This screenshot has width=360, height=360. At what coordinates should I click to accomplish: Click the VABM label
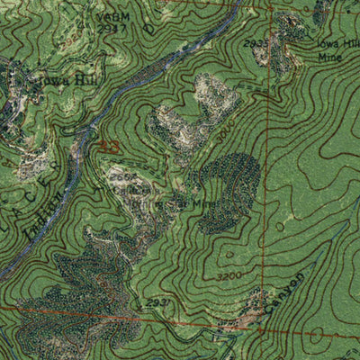[x=112, y=16]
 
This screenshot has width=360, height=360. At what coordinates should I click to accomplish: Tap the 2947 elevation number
[x=112, y=27]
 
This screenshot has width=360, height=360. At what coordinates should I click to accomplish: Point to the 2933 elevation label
[x=256, y=42]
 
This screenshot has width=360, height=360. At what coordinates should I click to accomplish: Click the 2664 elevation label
[x=123, y=178]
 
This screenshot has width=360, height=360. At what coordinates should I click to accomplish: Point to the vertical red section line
[x=268, y=180]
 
